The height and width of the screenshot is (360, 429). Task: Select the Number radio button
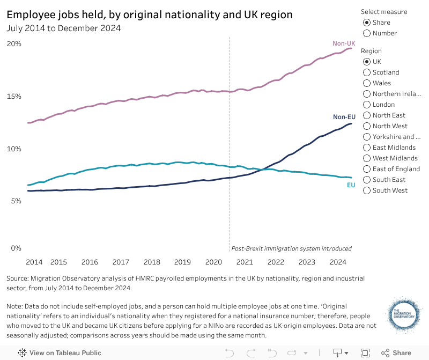pos(367,33)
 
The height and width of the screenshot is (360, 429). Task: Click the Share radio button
pos(367,23)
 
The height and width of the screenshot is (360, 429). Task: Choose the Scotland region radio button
pos(367,72)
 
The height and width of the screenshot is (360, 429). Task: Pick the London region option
pos(367,105)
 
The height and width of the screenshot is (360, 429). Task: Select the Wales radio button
pos(367,83)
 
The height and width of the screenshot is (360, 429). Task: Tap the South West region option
pos(367,190)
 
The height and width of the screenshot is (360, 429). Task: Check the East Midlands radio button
pos(367,148)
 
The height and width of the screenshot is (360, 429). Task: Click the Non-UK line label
pos(344,43)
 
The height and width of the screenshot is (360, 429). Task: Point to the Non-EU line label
pos(344,117)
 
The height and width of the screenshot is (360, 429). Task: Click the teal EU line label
pos(351,185)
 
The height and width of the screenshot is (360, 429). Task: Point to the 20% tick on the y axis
pos(13,43)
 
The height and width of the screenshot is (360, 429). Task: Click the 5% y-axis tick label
pos(16,201)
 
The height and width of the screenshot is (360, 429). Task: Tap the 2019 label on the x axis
pos(183,262)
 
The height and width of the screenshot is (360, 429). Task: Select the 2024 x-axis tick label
pos(338,262)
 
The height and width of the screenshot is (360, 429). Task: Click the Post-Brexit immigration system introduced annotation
pos(291,248)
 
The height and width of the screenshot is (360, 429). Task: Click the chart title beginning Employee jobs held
pos(150,15)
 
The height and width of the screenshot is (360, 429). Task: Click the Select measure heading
pos(383,12)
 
